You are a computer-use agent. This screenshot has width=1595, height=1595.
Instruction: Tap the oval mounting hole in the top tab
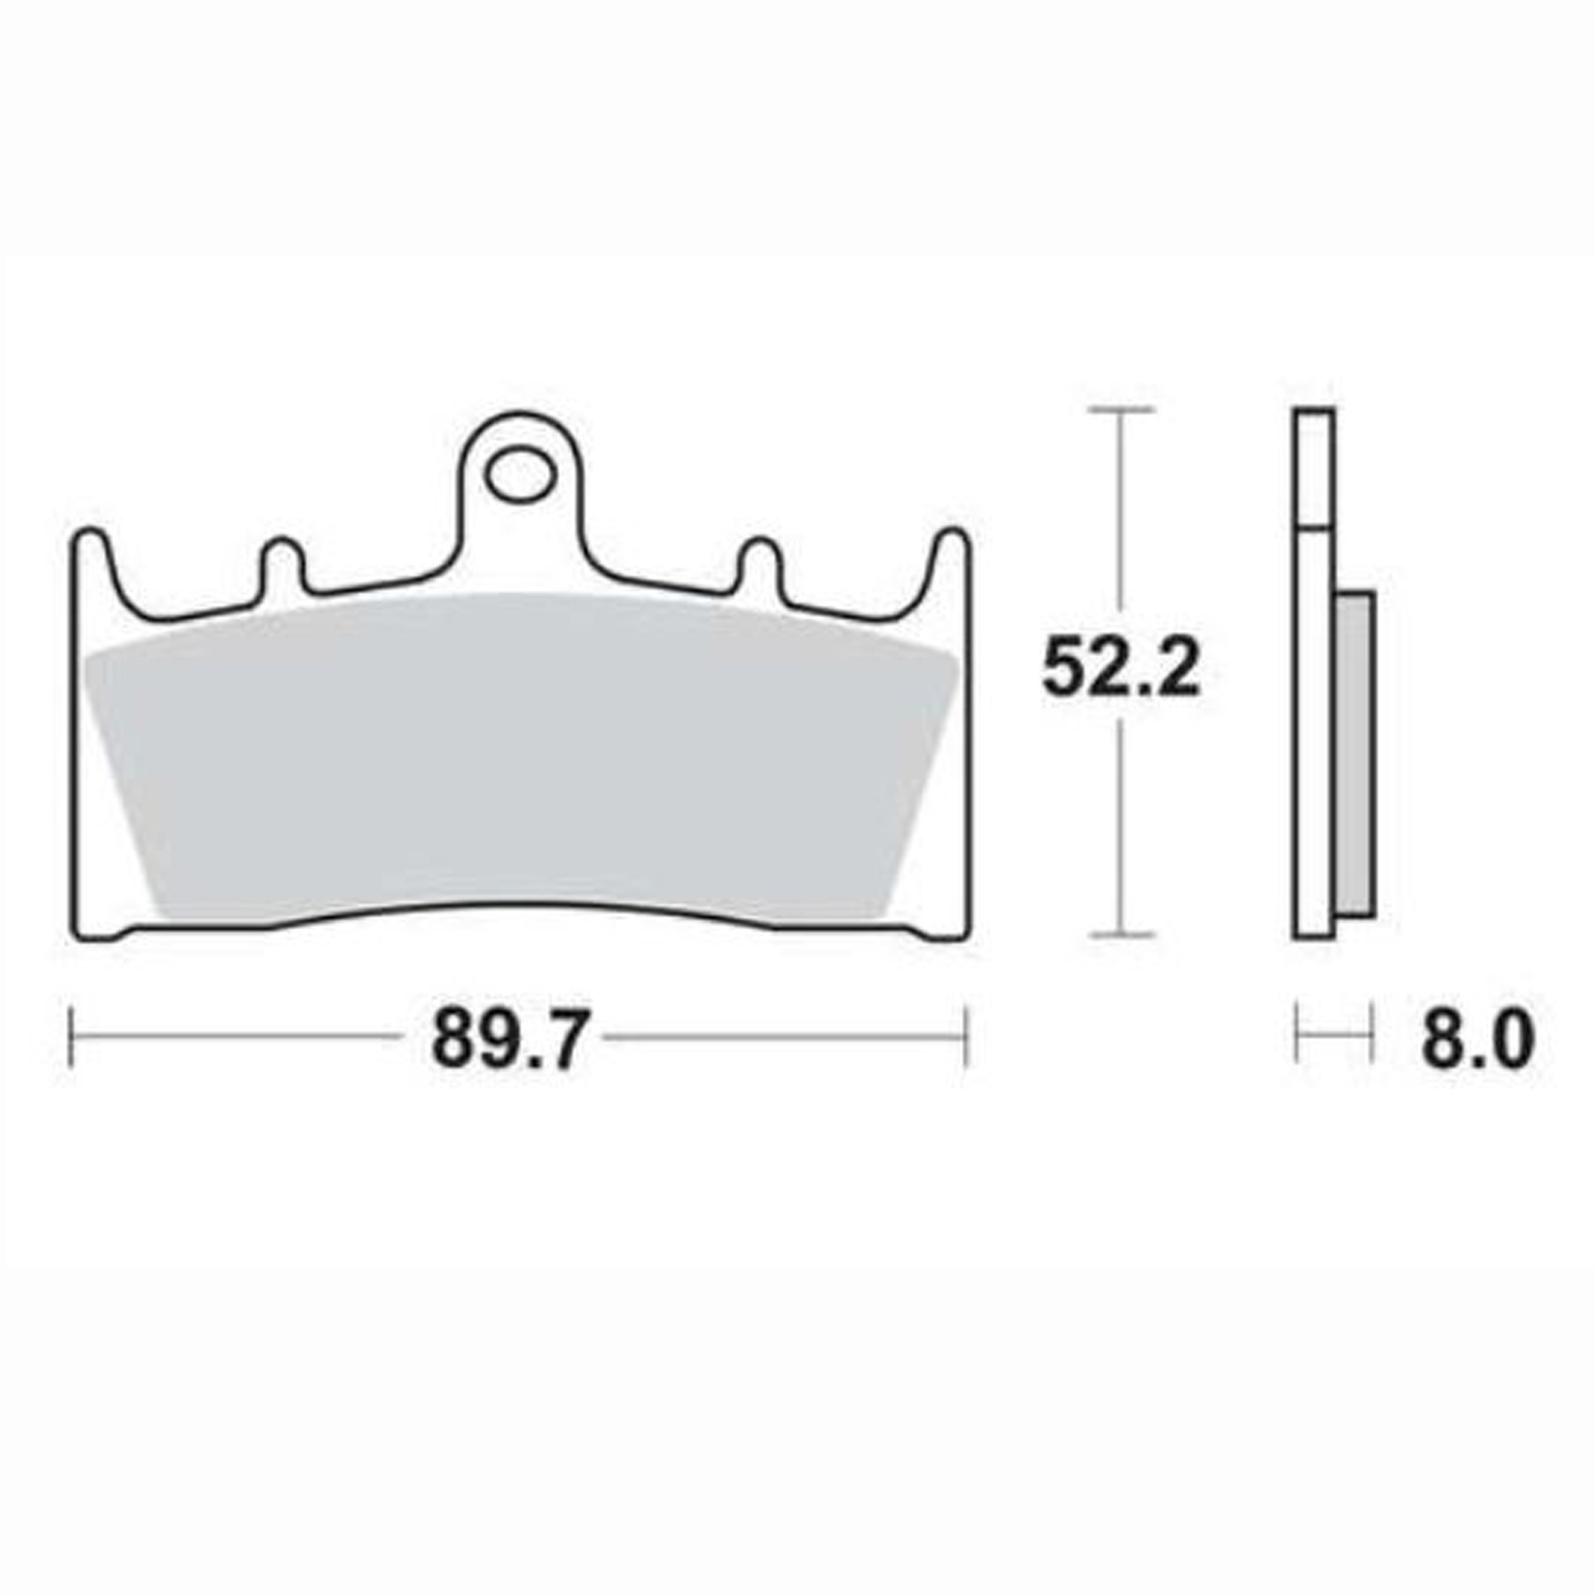517,477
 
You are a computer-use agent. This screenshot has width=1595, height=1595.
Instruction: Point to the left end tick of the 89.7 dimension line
73,1037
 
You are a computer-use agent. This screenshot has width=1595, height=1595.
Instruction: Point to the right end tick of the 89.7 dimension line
964,1037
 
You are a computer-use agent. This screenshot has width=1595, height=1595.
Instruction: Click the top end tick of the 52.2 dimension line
1120,410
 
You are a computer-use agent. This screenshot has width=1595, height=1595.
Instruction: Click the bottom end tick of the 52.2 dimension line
1120,935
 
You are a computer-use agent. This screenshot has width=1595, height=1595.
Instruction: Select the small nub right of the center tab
759,561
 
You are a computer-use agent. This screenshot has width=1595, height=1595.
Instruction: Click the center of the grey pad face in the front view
520,759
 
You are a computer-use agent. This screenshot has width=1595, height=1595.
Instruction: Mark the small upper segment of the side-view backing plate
1312,467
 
